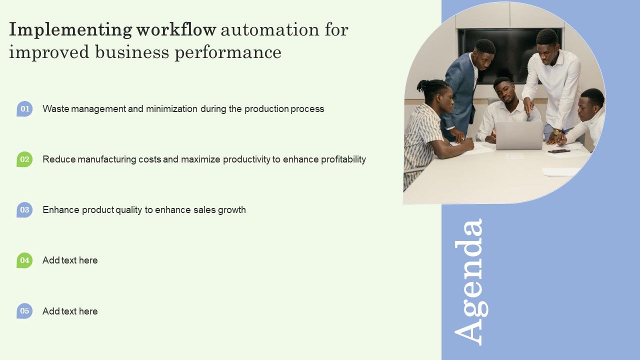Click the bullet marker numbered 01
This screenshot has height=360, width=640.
click(x=24, y=108)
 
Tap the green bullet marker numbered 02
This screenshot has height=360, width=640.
click(x=24, y=159)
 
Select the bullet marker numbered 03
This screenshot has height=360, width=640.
click(x=24, y=210)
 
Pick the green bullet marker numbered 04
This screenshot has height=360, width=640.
click(x=24, y=260)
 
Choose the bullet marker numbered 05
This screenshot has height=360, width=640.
click(x=24, y=311)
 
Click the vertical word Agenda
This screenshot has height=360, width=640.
click(x=469, y=281)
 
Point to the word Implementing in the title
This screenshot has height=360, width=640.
click(x=70, y=30)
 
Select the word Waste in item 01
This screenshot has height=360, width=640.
click(x=55, y=109)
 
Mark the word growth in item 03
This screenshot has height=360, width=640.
click(x=231, y=210)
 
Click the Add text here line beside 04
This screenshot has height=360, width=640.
click(x=70, y=260)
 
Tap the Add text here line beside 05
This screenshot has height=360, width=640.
click(x=70, y=311)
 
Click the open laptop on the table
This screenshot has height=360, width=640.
click(x=519, y=135)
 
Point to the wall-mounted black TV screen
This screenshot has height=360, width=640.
click(x=510, y=50)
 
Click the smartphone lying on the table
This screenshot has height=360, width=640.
click(x=558, y=151)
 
